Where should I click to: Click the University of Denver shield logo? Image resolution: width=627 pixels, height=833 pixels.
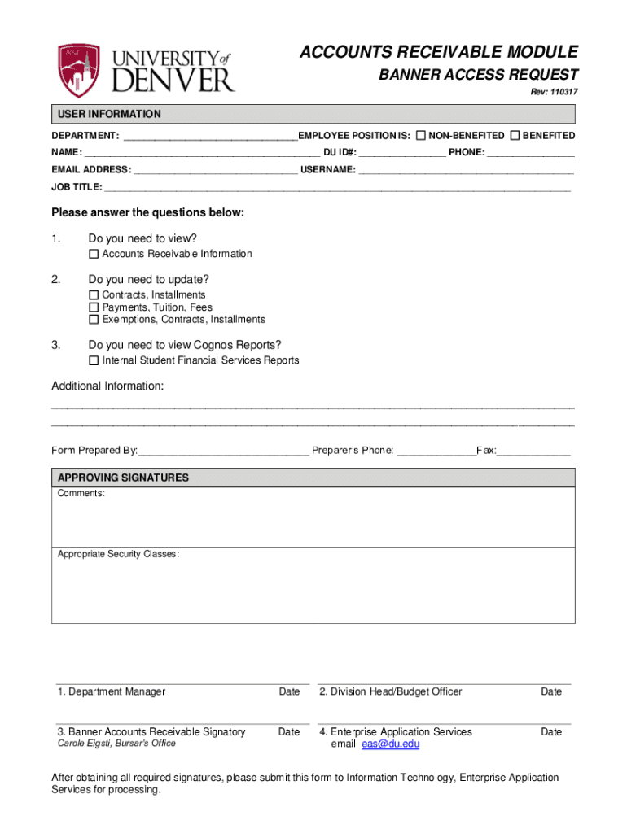coord(78,71)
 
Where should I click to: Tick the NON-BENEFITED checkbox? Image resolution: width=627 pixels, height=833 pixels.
coord(420,135)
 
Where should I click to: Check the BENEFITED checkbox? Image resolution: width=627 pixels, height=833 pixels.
coord(514,135)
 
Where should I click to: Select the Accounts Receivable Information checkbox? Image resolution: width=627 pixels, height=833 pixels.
coord(94,254)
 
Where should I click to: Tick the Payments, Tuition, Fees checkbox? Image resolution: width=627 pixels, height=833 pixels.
coord(94,307)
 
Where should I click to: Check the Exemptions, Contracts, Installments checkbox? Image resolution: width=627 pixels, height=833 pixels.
coord(94,320)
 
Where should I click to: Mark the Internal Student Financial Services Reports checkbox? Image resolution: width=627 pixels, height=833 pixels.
coord(94,360)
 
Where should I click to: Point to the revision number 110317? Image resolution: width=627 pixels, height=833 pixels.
coord(563,92)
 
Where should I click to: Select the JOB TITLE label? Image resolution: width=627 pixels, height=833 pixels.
coord(77,187)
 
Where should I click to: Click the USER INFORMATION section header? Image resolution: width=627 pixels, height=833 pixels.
coord(107,114)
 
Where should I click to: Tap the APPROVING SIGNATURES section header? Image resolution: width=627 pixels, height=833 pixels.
coord(123,478)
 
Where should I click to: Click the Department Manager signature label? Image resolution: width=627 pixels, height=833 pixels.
coord(112,691)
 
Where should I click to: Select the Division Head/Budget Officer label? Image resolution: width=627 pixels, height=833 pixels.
coord(391,691)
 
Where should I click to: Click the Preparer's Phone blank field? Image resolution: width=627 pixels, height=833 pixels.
coord(436,451)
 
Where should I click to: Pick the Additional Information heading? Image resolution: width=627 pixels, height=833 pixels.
coord(107,386)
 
